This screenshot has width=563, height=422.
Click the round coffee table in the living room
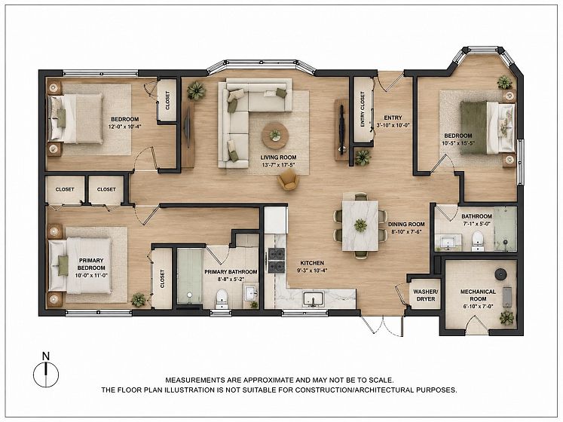(x=274, y=135)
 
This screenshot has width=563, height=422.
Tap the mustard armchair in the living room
(x=288, y=179)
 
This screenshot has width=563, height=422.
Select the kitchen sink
(x=314, y=299)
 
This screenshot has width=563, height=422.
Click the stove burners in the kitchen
(x=277, y=260)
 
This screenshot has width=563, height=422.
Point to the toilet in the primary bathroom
(x=221, y=299)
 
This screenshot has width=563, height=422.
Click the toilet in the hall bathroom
(x=477, y=240)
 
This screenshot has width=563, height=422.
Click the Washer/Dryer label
(x=426, y=295)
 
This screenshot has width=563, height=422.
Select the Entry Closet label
(x=363, y=109)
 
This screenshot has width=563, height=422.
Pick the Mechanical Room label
(x=478, y=295)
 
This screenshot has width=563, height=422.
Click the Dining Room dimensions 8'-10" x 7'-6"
(x=406, y=231)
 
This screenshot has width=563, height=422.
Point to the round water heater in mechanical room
(x=500, y=274)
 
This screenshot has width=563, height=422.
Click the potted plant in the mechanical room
(x=506, y=317)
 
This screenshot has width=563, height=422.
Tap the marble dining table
(x=360, y=225)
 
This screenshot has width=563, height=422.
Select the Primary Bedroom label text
(x=91, y=264)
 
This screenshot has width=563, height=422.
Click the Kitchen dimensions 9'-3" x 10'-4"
(x=312, y=271)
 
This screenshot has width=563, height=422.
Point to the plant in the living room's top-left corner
(x=196, y=90)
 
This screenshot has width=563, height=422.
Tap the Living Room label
(x=278, y=157)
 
